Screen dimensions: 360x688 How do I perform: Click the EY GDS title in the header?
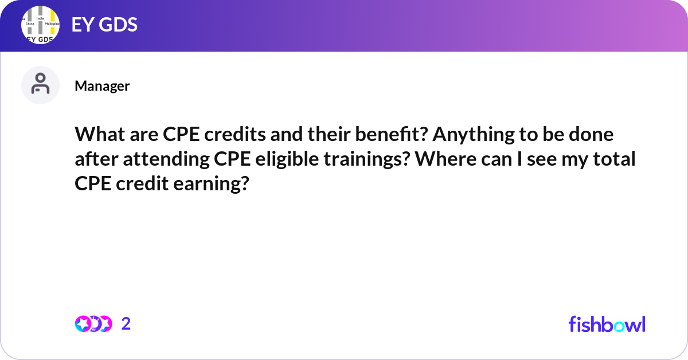pyautogui.click(x=104, y=25)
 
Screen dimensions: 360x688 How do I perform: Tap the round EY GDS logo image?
pyautogui.click(x=41, y=26)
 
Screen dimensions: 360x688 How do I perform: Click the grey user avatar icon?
pyautogui.click(x=40, y=85)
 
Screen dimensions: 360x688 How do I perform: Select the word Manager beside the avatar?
pyautogui.click(x=102, y=86)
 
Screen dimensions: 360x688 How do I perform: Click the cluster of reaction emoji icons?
pyautogui.click(x=93, y=324)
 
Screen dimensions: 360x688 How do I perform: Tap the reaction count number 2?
pyautogui.click(x=126, y=324)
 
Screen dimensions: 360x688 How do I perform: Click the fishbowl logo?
pyautogui.click(x=607, y=324)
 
